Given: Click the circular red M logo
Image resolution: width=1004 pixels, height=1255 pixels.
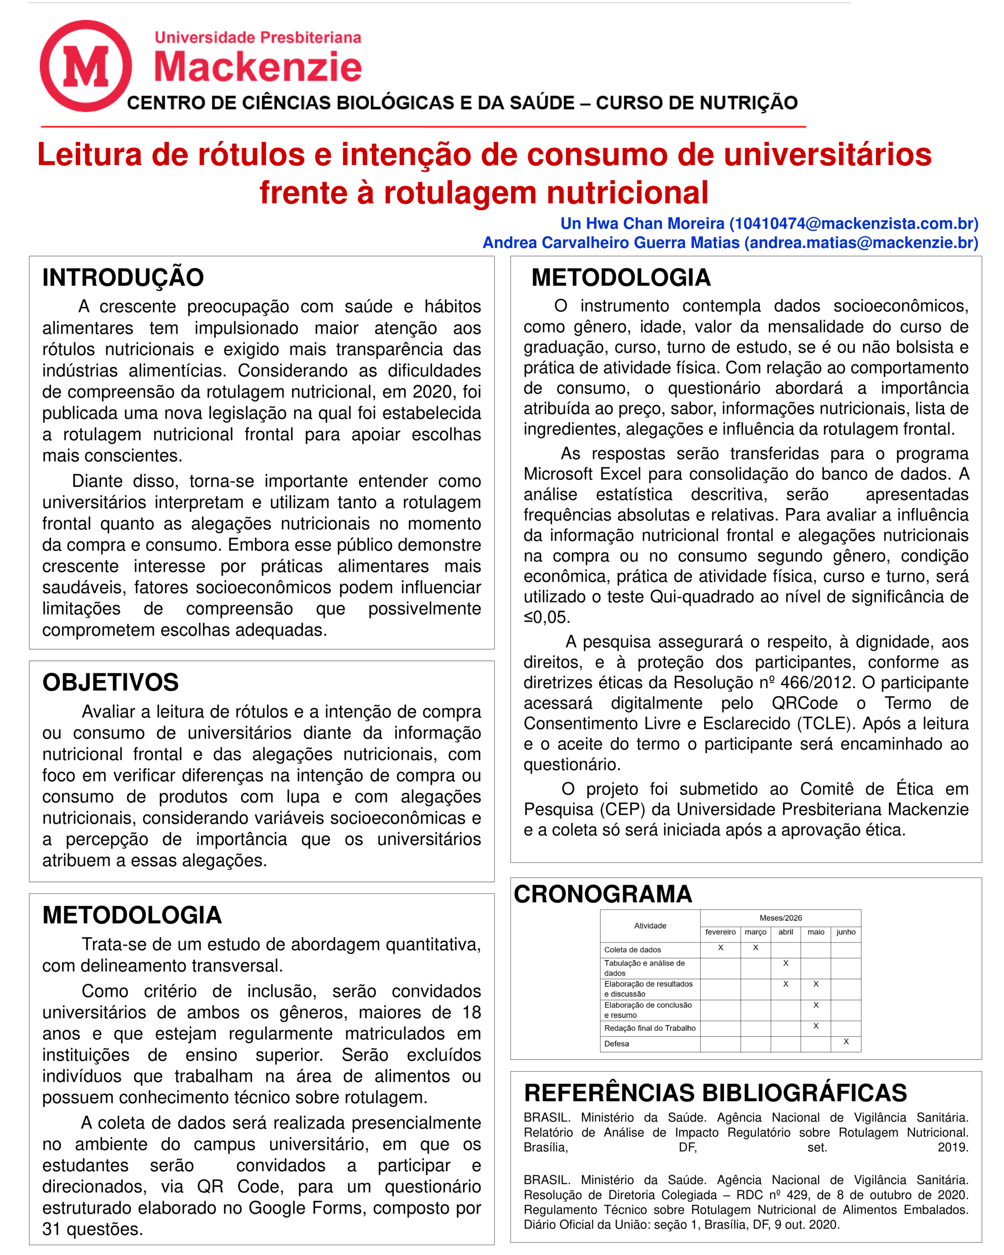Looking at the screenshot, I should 86,66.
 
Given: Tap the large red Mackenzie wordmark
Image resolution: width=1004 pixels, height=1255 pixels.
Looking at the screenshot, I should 257,67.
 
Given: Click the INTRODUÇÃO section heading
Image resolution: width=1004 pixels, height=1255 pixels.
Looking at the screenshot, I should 123,277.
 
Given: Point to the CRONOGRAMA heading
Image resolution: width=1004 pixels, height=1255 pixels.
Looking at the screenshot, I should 602,894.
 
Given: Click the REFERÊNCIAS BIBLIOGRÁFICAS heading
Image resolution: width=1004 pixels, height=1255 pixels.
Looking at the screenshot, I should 715,1093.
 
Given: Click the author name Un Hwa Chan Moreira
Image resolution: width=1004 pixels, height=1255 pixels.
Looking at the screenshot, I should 642,224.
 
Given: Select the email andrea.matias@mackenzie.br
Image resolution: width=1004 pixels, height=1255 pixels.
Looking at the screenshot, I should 861,243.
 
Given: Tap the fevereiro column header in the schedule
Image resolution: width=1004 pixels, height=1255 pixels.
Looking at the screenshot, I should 720,932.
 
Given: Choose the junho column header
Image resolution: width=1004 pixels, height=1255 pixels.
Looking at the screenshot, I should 846,932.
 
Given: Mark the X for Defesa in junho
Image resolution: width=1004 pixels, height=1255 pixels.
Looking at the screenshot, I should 846,1041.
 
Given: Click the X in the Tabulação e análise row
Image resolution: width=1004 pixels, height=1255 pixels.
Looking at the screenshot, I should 785,963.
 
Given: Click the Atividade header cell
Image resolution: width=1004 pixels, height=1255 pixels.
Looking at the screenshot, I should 650,926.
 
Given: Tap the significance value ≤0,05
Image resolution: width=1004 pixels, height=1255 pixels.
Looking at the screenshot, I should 547,617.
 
